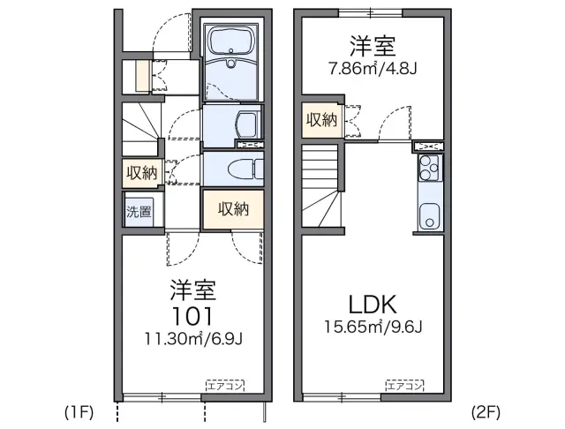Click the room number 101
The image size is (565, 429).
[x=194, y=315]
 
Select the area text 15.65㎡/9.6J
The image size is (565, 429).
[x=373, y=329]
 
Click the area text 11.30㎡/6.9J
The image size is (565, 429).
[x=194, y=337]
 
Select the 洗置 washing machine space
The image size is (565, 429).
[x=139, y=212]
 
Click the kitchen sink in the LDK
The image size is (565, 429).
[x=429, y=214]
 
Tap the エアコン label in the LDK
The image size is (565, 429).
[x=404, y=385]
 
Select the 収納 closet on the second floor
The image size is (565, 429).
[x=321, y=120]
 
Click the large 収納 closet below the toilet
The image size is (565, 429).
[x=233, y=209]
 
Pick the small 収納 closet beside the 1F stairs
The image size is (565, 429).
[x=140, y=172]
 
